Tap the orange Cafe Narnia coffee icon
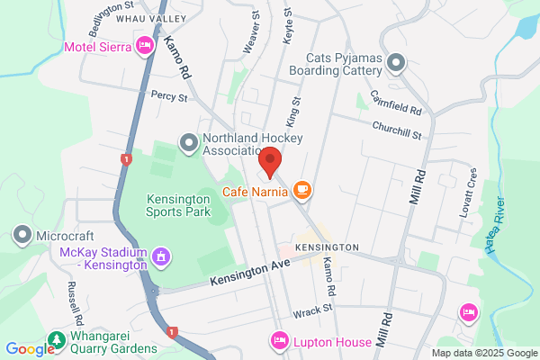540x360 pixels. tap(301, 189)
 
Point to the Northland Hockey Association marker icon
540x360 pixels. tap(188, 141)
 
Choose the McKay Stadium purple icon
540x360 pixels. tap(161, 257)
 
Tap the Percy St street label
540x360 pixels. tap(168, 94)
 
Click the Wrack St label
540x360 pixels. tap(312, 309)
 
